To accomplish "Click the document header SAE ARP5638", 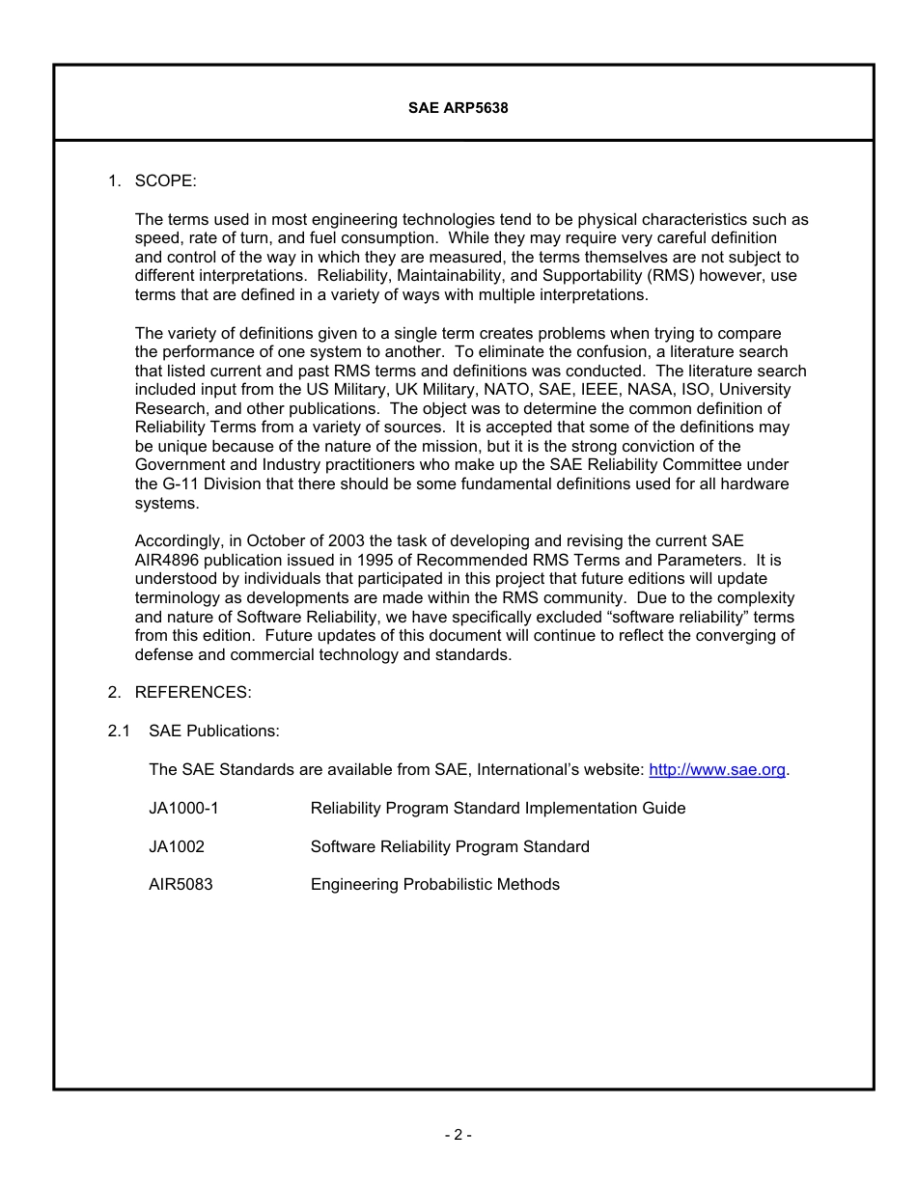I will coord(458,109).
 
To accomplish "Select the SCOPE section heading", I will coord(166,180).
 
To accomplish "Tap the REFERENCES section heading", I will coord(193,692).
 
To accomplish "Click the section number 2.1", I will coord(119,731).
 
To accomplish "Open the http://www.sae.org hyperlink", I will coord(717,769).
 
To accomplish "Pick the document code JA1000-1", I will coord(183,808).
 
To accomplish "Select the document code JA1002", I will coord(177,846).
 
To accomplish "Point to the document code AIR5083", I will coord(181,884).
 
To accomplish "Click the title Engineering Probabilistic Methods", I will coord(434,884).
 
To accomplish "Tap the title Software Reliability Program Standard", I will coord(450,846).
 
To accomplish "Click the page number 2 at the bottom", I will coord(458,1135).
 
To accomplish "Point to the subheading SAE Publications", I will coord(214,731).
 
